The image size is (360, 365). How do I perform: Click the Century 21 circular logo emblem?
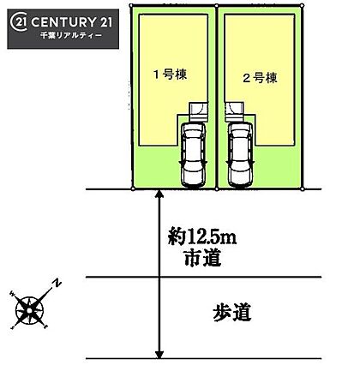point(18,23)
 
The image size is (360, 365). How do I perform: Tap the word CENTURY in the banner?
point(63,22)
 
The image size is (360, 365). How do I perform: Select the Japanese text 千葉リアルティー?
point(71,36)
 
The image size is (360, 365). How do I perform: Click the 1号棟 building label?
point(171,75)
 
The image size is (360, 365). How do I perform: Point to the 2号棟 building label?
point(260,78)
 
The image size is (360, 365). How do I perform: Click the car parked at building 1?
point(194,155)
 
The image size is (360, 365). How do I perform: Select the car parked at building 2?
point(241,155)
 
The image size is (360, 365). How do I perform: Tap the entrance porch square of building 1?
point(199,112)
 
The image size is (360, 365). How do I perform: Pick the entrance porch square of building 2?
point(234,112)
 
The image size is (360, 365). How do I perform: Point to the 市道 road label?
point(203,258)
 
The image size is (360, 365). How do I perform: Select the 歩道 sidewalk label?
point(232,313)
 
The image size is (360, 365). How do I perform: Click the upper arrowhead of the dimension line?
point(159,194)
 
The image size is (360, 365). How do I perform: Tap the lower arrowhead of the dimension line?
point(159,354)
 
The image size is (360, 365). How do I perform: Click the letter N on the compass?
point(57,283)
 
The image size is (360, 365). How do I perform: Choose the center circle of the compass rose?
point(29,311)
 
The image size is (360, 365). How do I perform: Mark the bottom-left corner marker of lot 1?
point(133,188)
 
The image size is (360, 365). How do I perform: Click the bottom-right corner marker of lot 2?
point(303,188)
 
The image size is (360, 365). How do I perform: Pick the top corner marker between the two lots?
point(216,5)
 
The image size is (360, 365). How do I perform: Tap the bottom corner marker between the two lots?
point(216,188)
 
